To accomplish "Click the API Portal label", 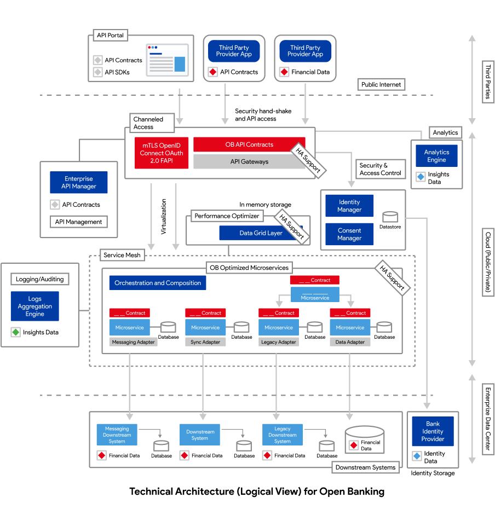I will pos(111,36).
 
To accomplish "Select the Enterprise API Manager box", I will pos(79,183).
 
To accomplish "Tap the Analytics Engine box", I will pos(436,156).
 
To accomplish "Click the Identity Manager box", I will pos(349,206).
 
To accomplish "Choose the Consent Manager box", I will pos(349,234).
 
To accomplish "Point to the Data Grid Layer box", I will pos(261,233).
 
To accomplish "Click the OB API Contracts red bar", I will pos(249,144).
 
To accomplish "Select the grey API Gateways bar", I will pos(249,161).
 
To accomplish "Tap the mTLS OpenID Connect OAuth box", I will pos(162,153).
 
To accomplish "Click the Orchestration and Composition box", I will pos(158,283).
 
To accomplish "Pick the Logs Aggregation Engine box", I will pos(35,306).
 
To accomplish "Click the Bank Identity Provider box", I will pos(433,431).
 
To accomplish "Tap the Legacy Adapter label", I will pos(279,342).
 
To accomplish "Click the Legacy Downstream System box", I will pos(283,435).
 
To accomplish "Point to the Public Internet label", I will pos(382,84).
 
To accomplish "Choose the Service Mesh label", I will pos(122,255).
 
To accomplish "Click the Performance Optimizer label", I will pos(227,216).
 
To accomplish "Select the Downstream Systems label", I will pos(365,467).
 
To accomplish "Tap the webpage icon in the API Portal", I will pos(167,60).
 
